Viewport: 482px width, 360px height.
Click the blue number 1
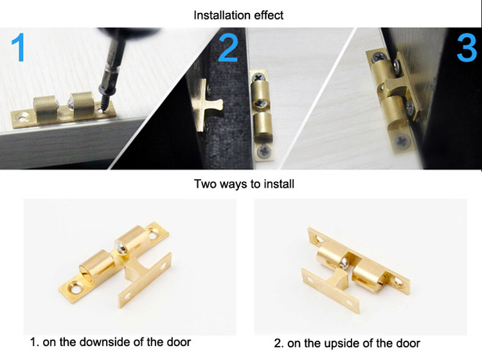[x=19, y=48]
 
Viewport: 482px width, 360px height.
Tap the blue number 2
[x=228, y=48]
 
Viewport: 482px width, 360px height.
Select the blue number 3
[x=467, y=48]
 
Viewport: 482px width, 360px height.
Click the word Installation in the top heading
[x=219, y=15]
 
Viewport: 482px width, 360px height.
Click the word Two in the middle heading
[x=204, y=184]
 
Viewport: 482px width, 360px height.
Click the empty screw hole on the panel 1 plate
[x=22, y=118]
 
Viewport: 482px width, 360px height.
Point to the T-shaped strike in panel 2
[x=206, y=105]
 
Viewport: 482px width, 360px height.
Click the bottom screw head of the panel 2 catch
[x=263, y=151]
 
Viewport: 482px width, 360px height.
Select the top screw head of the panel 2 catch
[x=259, y=76]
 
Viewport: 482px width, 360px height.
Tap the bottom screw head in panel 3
[x=402, y=141]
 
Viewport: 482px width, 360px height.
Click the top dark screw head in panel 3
[x=377, y=57]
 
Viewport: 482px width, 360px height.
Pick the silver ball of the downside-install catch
[x=120, y=247]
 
